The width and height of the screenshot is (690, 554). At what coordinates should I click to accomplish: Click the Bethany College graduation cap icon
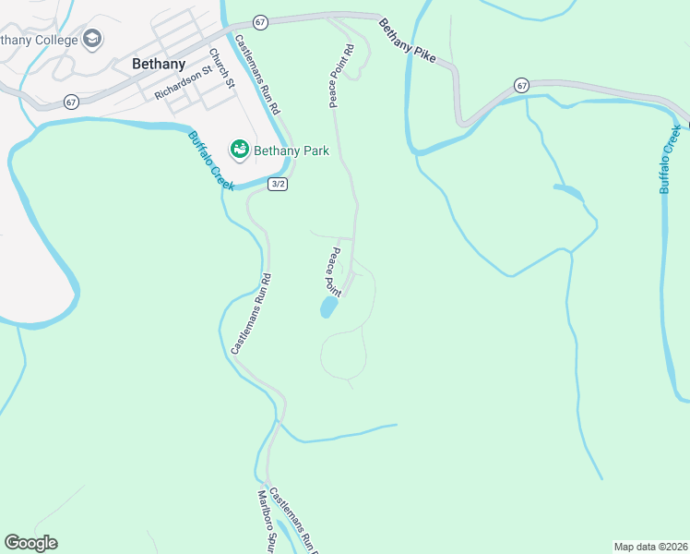click(x=91, y=39)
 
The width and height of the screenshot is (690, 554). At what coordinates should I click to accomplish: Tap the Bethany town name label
click(x=159, y=65)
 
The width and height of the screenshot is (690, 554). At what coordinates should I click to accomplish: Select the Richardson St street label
click(x=184, y=80)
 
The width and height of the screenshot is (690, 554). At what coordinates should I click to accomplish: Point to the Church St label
click(x=221, y=67)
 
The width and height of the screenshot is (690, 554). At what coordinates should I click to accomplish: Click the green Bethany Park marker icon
click(x=239, y=149)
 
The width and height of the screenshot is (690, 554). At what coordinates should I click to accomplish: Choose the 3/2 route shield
click(x=278, y=185)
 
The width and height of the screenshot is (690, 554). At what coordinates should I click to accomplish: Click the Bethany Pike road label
click(x=408, y=42)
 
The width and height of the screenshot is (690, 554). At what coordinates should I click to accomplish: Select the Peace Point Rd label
click(x=339, y=76)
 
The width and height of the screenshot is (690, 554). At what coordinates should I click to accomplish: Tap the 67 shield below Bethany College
click(x=71, y=101)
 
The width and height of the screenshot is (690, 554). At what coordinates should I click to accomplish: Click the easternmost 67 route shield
click(x=522, y=85)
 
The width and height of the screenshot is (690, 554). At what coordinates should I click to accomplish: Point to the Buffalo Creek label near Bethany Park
click(x=211, y=161)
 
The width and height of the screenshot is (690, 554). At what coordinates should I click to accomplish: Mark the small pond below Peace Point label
click(x=327, y=307)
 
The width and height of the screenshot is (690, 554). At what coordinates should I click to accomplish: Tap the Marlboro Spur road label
click(x=267, y=522)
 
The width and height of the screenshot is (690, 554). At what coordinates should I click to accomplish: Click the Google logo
click(x=30, y=543)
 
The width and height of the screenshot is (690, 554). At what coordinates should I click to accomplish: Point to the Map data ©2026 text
click(x=649, y=546)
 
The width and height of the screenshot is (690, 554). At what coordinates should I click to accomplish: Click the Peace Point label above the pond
click(x=332, y=272)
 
